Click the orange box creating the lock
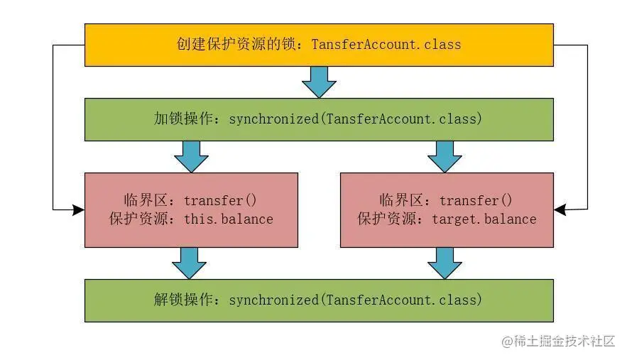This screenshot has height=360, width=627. (x=319, y=45)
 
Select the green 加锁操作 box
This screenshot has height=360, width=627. (x=319, y=119)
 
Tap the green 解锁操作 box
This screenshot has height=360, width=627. (x=319, y=300)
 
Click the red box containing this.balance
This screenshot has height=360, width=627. (x=191, y=209)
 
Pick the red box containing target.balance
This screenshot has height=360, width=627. (x=447, y=209)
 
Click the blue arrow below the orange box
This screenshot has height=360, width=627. (x=319, y=82)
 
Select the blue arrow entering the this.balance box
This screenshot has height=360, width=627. (x=191, y=156)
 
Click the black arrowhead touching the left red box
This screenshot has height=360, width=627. (x=78, y=209)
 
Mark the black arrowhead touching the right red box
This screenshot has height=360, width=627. (x=560, y=209)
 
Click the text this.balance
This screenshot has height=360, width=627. (x=229, y=219)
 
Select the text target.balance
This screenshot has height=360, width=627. (x=484, y=219)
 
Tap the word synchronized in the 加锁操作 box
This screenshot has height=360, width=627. (x=274, y=119)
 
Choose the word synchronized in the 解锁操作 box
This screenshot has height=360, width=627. (x=274, y=300)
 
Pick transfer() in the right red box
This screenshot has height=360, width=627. (x=476, y=200)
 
